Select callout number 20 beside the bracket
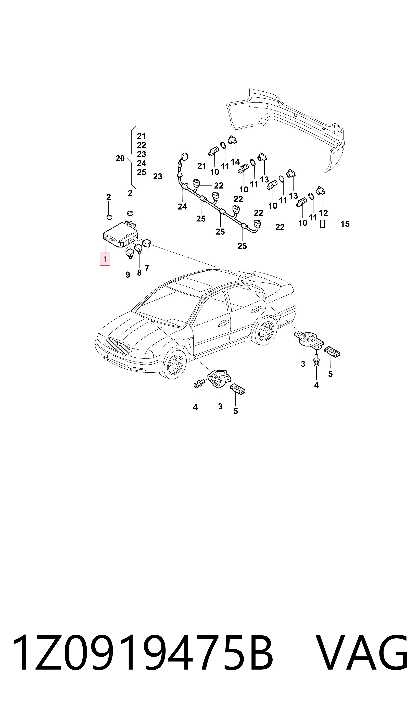pyautogui.click(x=120, y=159)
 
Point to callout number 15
pyautogui.click(x=345, y=224)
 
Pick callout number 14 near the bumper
pyautogui.click(x=235, y=162)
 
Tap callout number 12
pyautogui.click(x=323, y=213)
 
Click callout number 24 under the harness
pyautogui.click(x=182, y=207)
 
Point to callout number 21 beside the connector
pyautogui.click(x=202, y=166)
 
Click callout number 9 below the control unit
pyautogui.click(x=128, y=275)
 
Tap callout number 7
pyautogui.click(x=147, y=268)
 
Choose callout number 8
pyautogui.click(x=139, y=273)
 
